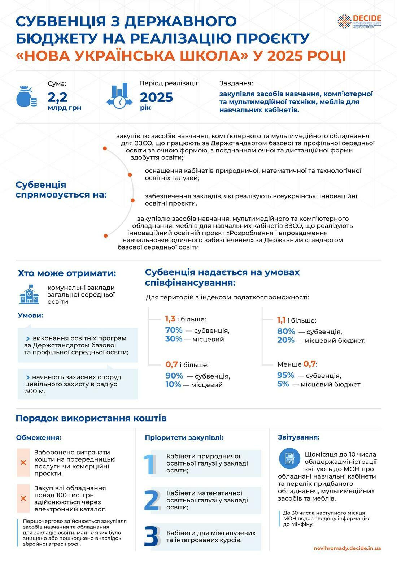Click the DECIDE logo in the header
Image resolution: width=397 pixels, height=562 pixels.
(359, 21)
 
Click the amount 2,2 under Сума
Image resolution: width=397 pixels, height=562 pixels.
(58, 97)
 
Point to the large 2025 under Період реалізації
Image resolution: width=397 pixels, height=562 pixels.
(156, 97)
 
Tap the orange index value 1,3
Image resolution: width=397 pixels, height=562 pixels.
(170, 319)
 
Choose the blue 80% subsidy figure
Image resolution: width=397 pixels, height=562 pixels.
(286, 331)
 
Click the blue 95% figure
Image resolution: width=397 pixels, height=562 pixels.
(285, 375)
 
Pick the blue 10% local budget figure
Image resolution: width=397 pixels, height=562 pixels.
(173, 384)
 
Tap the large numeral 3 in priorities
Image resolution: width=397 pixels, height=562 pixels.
(151, 536)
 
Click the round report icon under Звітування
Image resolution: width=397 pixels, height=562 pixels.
(289, 458)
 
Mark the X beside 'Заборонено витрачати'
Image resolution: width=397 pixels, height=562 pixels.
(23, 462)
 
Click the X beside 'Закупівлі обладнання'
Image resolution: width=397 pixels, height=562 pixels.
(23, 498)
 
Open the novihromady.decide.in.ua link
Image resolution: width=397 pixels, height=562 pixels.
(347, 548)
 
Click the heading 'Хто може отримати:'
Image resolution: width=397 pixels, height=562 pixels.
(67, 273)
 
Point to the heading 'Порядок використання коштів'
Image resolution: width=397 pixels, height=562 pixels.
(91, 418)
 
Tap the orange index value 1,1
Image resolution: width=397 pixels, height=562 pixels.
(281, 320)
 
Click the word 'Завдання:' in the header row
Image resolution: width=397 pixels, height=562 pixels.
(236, 83)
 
